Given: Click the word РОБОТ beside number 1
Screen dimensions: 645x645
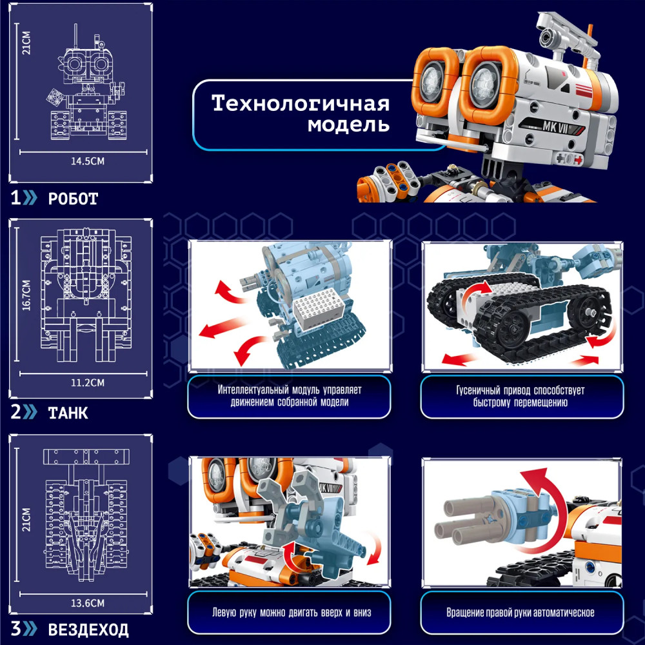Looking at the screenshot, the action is [74, 199].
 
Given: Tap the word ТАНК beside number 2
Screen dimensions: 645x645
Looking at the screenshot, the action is [68, 413].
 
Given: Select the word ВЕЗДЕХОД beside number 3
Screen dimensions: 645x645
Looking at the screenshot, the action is [88, 630].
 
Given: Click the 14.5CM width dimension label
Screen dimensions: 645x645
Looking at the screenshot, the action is [88, 161].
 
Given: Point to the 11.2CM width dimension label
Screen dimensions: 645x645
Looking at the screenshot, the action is [88, 382].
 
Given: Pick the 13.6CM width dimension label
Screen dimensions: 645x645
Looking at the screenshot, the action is [88, 603].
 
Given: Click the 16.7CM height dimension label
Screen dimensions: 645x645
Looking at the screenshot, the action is [26, 295].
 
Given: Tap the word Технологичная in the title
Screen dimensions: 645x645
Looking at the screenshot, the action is [301, 103].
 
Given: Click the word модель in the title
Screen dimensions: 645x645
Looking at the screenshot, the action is [348, 124].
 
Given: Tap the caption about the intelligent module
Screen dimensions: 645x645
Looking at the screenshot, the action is [289, 396].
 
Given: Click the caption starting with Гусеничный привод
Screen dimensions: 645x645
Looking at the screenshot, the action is [521, 396].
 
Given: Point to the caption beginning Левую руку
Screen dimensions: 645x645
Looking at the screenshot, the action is [292, 613].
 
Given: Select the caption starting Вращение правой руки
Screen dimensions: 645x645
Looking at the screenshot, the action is [521, 613].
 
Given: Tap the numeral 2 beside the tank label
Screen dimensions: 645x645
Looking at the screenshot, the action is [16, 412].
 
